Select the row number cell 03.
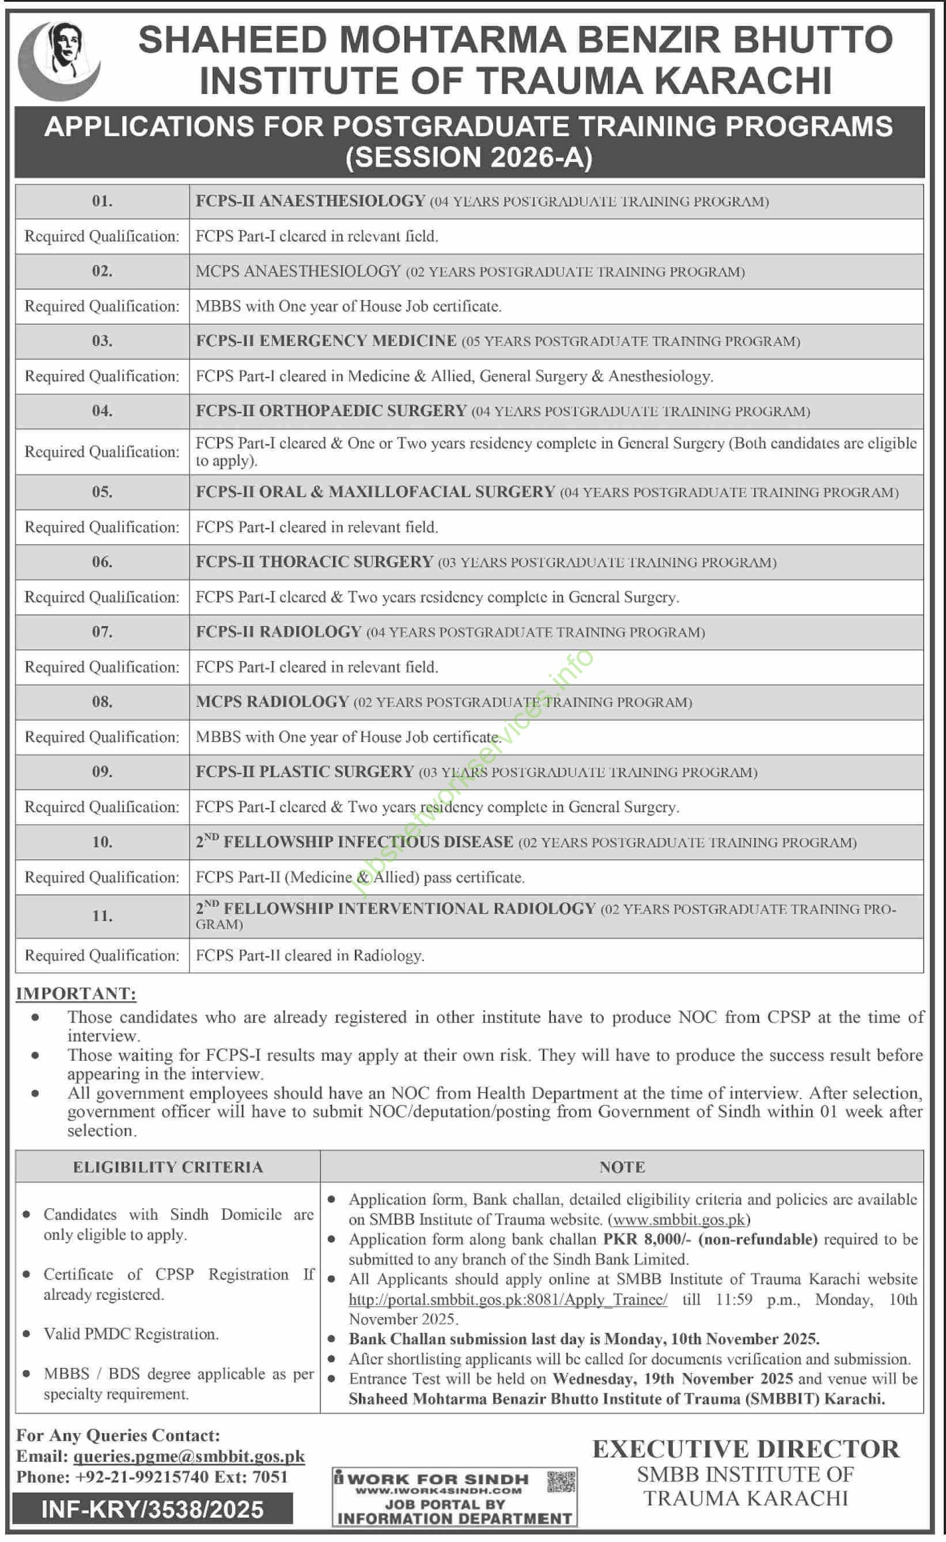pos(102,341)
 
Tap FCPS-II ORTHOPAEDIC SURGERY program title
pos(331,411)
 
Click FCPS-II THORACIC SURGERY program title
pos(314,562)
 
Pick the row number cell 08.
pos(102,702)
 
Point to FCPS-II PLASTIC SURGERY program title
pos(305,772)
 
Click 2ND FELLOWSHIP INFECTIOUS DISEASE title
pos(355,842)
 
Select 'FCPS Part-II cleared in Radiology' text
pos(310,956)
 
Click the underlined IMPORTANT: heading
pos(75,994)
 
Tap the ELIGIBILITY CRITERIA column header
pos(168,1167)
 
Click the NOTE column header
pos(621,1167)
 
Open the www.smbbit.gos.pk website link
pos(679,1219)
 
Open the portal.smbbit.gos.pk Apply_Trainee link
pos(508,1299)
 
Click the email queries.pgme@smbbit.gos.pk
pos(189,1457)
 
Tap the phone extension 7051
pos(270,1477)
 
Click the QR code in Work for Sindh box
pos(561,1483)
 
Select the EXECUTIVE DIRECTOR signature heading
pos(745,1449)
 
